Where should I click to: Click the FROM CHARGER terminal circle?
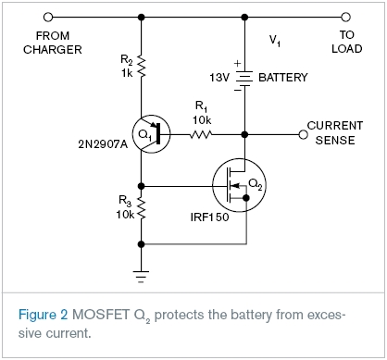(48, 17)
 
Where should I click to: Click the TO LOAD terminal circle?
(345, 17)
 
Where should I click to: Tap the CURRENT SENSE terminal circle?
(304, 134)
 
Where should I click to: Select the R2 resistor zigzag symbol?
(141, 66)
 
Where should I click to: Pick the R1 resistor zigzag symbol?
(201, 134)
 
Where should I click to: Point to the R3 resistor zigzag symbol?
(141, 208)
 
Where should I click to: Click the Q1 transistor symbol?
(151, 134)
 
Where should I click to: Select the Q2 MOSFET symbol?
(239, 185)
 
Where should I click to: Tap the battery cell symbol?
(244, 78)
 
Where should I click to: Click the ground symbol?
(141, 277)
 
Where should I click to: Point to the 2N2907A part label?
(103, 144)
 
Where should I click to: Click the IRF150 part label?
(209, 217)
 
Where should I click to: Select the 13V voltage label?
(219, 78)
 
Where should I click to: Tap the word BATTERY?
(283, 78)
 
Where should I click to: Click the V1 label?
(275, 41)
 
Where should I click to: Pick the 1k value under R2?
(127, 73)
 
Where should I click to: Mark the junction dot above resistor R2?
(141, 17)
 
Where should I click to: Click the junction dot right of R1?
(244, 134)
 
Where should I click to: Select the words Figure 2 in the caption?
(43, 315)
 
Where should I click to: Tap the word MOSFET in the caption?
(101, 315)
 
